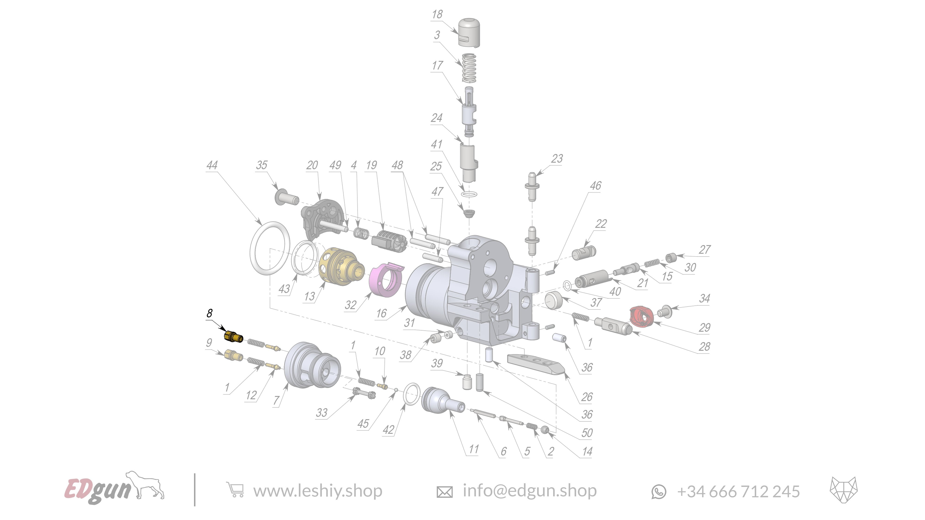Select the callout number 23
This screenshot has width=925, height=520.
click(x=557, y=159)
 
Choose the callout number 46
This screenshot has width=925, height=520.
click(x=596, y=186)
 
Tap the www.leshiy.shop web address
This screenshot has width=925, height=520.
click(x=318, y=491)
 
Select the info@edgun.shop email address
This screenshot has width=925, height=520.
click(x=529, y=491)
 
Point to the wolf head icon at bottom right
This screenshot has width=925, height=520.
click(x=844, y=490)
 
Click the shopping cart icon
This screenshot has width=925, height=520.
click(x=235, y=490)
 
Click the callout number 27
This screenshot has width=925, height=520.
click(x=705, y=250)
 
